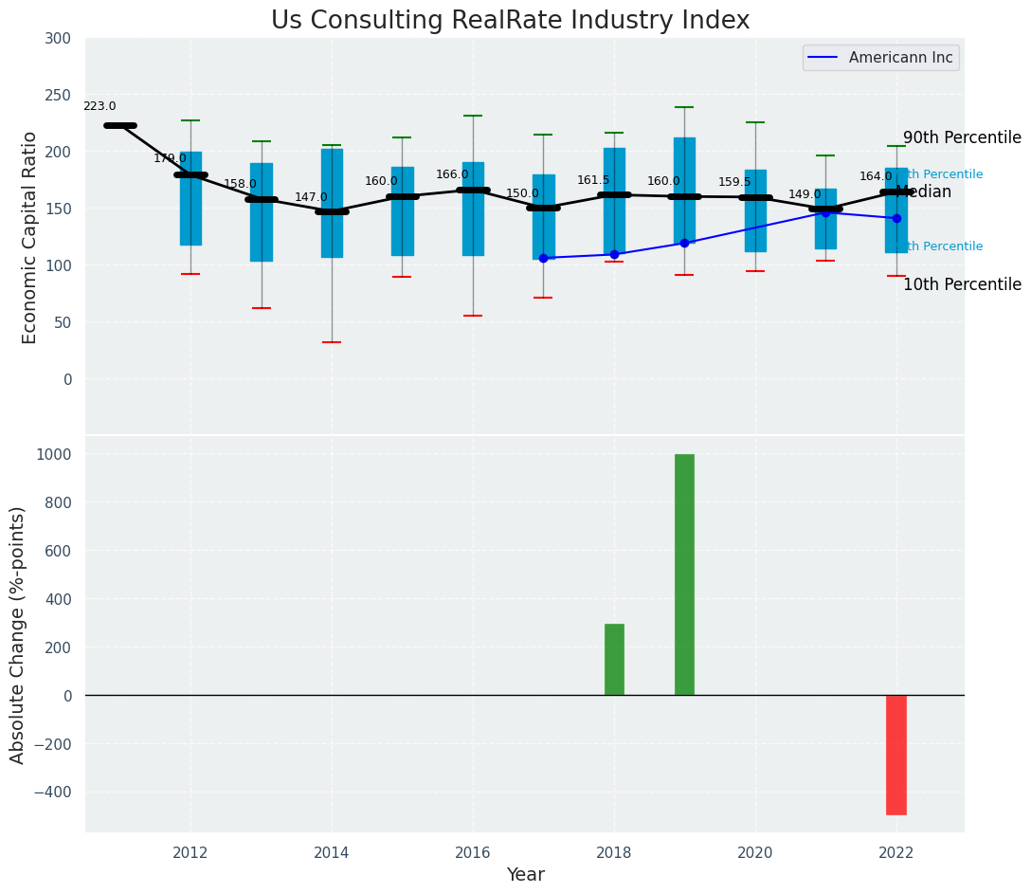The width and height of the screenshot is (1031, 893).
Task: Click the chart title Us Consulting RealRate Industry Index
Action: click(510, 21)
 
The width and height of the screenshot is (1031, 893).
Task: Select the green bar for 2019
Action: click(684, 574)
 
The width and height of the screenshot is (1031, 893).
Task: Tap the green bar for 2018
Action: click(614, 659)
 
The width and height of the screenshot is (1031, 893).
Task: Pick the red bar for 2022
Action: click(896, 755)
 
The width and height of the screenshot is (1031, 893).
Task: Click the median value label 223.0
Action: click(99, 107)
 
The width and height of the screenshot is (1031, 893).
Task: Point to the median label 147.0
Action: click(311, 198)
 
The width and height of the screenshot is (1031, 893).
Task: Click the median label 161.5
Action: click(593, 181)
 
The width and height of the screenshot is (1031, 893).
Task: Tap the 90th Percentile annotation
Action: click(962, 138)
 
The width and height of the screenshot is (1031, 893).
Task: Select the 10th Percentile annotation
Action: click(962, 285)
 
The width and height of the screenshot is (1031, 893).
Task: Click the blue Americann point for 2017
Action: click(543, 258)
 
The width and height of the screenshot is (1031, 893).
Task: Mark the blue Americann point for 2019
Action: click(684, 243)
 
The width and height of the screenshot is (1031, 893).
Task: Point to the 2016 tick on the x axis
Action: click(473, 853)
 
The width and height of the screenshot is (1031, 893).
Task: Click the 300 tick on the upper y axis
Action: click(57, 39)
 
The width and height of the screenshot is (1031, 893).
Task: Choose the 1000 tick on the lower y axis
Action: click(53, 454)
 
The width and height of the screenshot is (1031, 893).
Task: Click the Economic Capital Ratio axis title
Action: click(30, 237)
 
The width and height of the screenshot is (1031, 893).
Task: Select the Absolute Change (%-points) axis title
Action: click(18, 634)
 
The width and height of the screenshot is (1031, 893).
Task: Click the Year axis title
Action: click(525, 875)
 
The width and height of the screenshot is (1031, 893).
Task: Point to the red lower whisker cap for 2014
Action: click(332, 342)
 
